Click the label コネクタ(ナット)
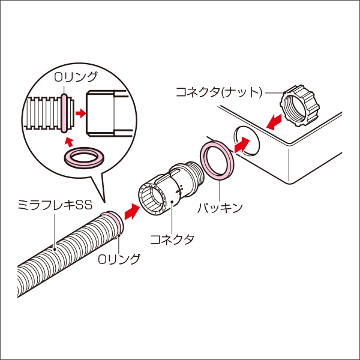coord(219,92)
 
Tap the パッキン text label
coord(220,208)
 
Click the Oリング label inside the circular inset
coord(76,77)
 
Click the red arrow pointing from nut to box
coord(275,122)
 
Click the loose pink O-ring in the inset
coord(83,159)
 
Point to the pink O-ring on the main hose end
coord(114,224)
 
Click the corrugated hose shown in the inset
coord(43,112)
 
